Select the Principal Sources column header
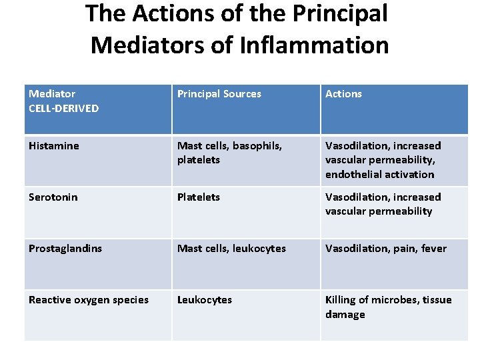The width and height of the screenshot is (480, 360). pos(219,94)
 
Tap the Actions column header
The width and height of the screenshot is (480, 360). pos(343,94)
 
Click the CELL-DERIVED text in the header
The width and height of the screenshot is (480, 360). pos(63,108)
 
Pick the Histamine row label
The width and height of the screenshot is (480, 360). pos(54,146)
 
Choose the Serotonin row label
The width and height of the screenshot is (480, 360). pos(53,197)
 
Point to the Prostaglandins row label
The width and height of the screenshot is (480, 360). pos(65,249)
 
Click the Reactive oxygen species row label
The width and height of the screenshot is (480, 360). pos(89,300)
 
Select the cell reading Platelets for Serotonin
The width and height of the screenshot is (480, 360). pos(199,197)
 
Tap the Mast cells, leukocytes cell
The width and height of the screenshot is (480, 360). pos(231,249)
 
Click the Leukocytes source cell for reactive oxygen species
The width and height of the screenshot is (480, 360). pos(205,300)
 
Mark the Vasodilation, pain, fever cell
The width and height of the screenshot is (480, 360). pos(386,249)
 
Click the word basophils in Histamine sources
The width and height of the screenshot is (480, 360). pos(258,146)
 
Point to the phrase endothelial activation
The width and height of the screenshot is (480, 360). pos(379,175)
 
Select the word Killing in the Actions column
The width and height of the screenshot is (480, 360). pos(341,300)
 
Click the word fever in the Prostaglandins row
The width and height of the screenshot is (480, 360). pos(433,249)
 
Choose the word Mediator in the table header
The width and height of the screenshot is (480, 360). pos(52,94)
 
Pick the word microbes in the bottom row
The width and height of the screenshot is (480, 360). pos(393,300)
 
